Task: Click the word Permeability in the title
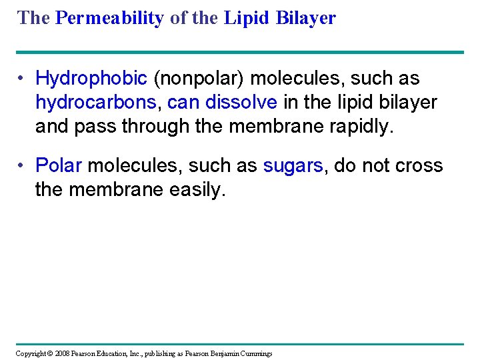109,18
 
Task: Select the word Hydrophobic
91,79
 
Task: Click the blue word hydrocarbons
97,103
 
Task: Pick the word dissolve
244,103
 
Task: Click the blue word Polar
59,165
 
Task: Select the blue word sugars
293,165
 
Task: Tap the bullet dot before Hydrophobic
22,79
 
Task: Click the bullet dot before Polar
22,165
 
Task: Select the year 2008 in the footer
63,353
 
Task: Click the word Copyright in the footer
31,353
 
